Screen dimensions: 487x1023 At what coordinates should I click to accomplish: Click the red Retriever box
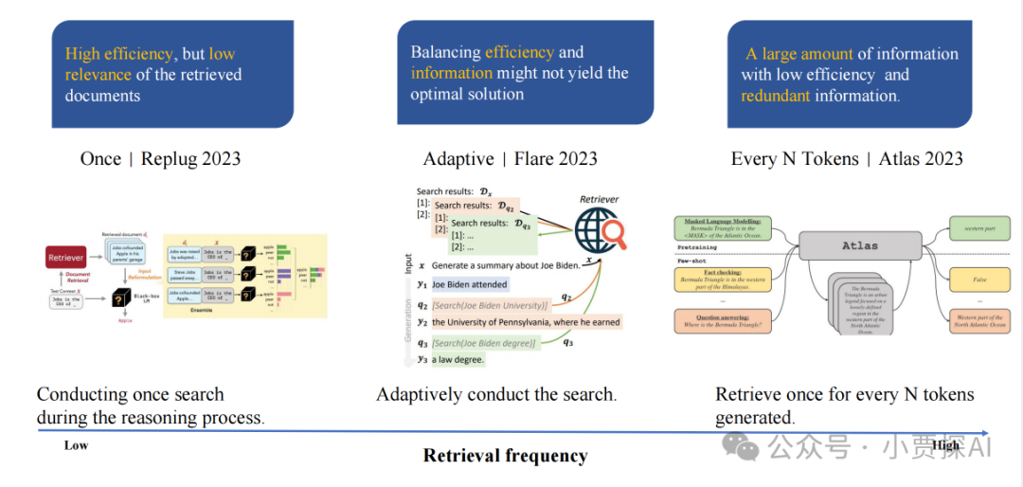(66, 257)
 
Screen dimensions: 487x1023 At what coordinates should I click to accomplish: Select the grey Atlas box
(859, 245)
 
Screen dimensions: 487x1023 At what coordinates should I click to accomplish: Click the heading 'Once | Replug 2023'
(160, 158)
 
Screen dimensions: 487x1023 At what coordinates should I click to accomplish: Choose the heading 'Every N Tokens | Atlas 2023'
(847, 158)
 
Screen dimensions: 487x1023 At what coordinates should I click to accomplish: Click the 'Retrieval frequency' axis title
(505, 456)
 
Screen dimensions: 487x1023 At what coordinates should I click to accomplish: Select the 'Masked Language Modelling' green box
(724, 228)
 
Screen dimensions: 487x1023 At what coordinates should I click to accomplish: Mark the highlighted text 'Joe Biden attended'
(469, 284)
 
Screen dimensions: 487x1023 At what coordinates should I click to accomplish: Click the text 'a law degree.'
(458, 359)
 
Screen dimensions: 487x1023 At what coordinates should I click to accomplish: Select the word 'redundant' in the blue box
(775, 96)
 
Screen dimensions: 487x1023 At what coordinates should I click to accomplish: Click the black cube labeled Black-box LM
(121, 296)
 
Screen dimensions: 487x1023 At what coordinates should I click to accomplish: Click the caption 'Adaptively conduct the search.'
(496, 395)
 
